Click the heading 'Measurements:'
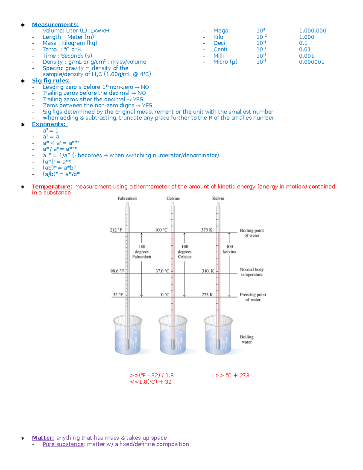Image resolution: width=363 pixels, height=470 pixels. point(55,25)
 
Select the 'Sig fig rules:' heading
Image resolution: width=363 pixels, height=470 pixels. point(51,81)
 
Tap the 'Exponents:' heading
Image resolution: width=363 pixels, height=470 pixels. point(49,124)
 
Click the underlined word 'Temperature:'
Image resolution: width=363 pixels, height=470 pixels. point(52,186)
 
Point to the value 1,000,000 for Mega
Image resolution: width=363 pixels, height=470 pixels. point(312,31)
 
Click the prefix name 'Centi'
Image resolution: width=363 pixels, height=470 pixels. point(220,49)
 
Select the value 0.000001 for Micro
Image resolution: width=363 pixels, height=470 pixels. point(312,62)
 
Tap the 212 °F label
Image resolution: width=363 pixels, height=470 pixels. point(116,230)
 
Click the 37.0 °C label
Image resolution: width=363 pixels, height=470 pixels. point(162,271)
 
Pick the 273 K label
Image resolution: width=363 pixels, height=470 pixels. point(207,294)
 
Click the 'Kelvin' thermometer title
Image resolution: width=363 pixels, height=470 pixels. point(218,198)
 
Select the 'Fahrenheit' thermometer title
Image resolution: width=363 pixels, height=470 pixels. point(127,198)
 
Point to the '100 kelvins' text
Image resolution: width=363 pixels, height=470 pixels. point(230,249)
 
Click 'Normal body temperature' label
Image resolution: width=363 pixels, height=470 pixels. point(252,272)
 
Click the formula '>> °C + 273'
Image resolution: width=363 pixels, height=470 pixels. point(232,375)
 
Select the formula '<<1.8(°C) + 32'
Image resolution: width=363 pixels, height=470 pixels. point(151,382)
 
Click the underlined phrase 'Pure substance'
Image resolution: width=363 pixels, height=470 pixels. point(63,444)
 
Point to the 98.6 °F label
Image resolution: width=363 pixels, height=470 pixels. point(117,271)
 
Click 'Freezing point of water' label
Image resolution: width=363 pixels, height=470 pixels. point(253,297)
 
